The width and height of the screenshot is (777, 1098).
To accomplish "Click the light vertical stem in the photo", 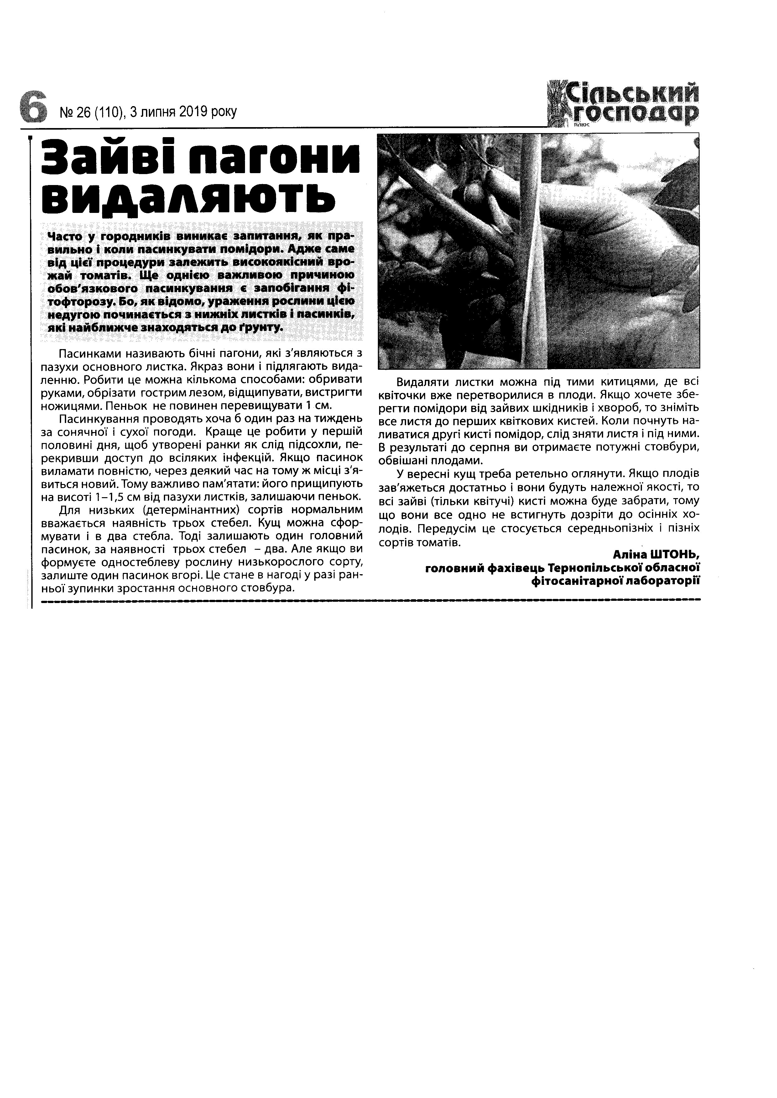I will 529,249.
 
